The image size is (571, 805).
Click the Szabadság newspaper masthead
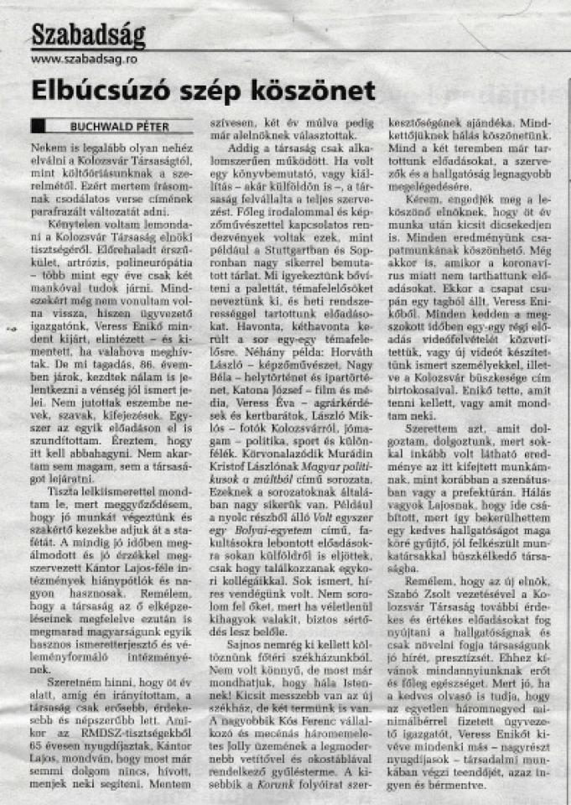pyautogui.click(x=88, y=34)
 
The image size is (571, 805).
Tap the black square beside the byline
pyautogui.click(x=38, y=127)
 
